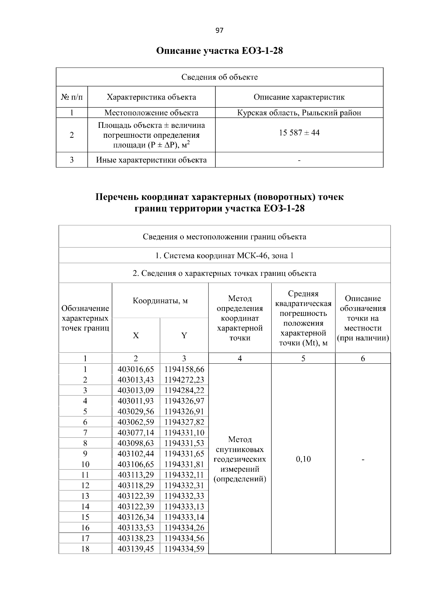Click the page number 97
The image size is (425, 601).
(x=219, y=30)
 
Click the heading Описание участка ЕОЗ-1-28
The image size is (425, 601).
(x=220, y=51)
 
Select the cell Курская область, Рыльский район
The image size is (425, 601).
(x=299, y=113)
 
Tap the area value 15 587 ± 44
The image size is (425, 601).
(x=299, y=133)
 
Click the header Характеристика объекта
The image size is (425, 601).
(x=151, y=97)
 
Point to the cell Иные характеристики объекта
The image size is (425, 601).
(x=151, y=160)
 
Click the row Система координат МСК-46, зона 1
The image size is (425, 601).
(x=225, y=256)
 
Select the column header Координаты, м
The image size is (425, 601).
(x=160, y=301)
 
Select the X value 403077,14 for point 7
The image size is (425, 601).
(x=136, y=433)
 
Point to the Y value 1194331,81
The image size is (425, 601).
(x=184, y=464)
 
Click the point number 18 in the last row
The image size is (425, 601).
(x=85, y=549)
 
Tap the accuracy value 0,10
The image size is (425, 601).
(x=303, y=459)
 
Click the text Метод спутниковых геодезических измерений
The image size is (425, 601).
(x=240, y=459)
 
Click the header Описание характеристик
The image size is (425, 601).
(x=299, y=97)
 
